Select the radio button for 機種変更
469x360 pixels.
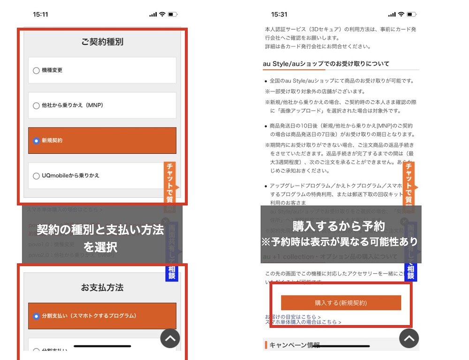[x=36, y=70]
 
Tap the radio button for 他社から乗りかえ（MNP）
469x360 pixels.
[x=36, y=105]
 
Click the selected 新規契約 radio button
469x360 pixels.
[x=36, y=141]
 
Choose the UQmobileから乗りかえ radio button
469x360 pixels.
[x=36, y=176]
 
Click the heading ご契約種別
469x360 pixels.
[x=102, y=42]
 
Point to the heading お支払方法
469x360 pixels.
[x=102, y=287]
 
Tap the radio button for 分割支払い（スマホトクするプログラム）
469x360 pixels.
[x=36, y=316]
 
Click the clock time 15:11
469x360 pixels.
[x=40, y=14]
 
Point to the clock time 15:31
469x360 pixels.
[x=279, y=14]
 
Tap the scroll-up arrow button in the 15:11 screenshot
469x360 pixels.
[x=170, y=338]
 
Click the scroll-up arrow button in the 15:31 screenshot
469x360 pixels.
[x=409, y=338]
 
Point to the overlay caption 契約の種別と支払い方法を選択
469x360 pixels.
[x=100, y=238]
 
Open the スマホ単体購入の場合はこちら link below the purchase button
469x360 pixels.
[x=303, y=322]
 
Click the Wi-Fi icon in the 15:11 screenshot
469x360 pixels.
[x=162, y=14]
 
